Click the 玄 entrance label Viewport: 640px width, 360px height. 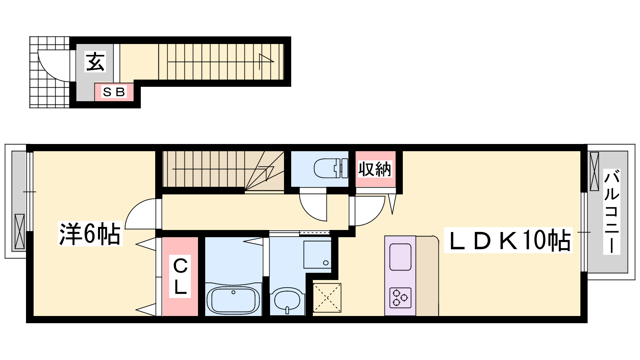click(x=96, y=62)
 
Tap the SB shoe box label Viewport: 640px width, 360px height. click(x=114, y=92)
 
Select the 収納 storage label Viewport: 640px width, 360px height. click(x=375, y=169)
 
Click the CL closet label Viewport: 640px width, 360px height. click(x=180, y=276)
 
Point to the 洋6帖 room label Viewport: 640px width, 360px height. click(x=90, y=234)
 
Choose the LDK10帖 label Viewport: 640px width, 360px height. click(x=508, y=240)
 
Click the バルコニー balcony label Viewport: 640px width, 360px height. click(x=612, y=212)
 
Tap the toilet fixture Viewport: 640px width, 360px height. click(x=331, y=168)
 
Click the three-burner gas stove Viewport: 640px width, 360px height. click(x=400, y=298)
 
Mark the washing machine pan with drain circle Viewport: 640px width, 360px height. click(x=317, y=254)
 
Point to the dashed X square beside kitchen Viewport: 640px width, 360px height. click(x=327, y=298)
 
